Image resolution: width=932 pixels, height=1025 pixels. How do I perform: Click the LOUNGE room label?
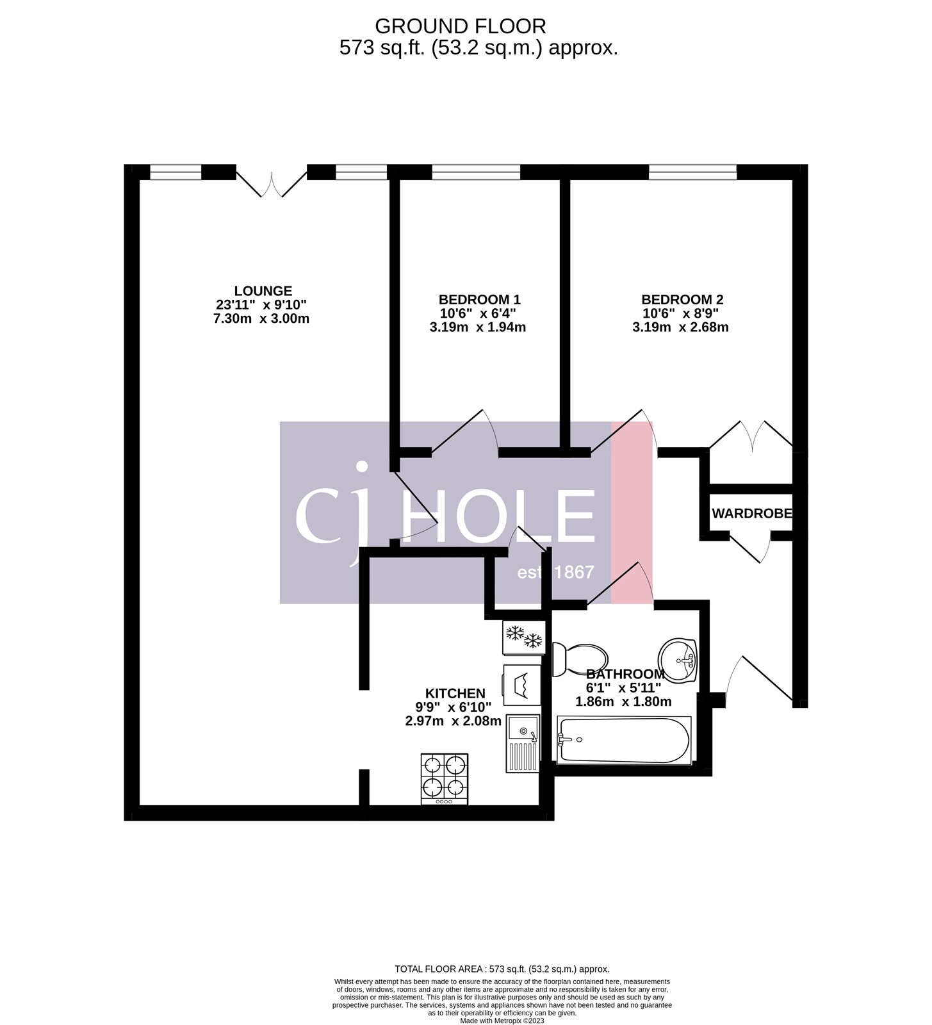(263, 291)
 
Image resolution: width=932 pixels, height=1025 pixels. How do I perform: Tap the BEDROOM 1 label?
(479, 299)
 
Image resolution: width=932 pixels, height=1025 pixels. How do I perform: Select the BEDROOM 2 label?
(682, 299)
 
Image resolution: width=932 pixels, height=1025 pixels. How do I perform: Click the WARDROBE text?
(751, 513)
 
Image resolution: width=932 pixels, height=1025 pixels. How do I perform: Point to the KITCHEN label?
(455, 693)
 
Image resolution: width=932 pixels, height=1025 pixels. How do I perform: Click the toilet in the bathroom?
(580, 659)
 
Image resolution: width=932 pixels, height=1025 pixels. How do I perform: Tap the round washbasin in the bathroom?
(678, 658)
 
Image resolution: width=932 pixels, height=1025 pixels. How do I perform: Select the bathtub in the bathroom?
(624, 740)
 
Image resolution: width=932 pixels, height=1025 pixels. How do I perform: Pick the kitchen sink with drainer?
(523, 742)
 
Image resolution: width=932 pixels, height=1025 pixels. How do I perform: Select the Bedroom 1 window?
(475, 172)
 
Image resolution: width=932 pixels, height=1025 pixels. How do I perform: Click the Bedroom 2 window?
(692, 172)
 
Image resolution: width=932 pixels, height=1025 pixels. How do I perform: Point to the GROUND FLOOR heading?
(460, 26)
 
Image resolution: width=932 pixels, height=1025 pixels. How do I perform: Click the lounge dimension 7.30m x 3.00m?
(261, 318)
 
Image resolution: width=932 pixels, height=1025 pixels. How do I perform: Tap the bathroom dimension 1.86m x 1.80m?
(623, 701)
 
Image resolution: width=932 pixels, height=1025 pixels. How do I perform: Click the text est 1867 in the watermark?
(555, 572)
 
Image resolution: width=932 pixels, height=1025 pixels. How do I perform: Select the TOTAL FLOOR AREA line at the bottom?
(502, 969)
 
